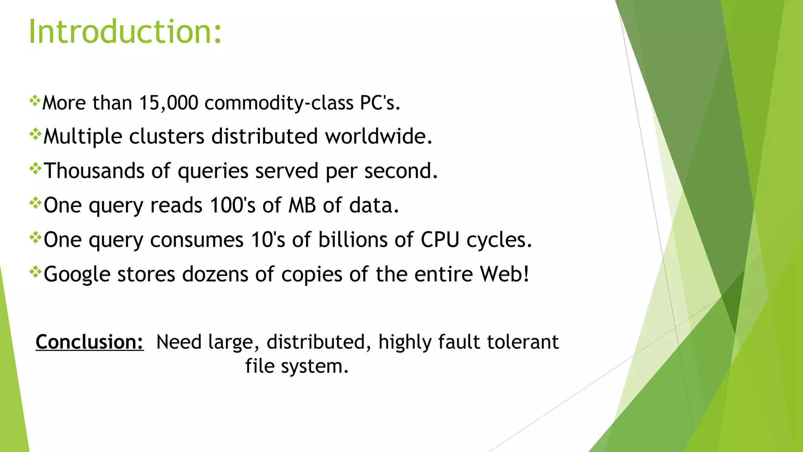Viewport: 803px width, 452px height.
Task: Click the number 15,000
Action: tap(169, 103)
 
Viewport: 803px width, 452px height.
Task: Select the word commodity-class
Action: tap(279, 103)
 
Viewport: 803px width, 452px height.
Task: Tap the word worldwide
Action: tap(378, 137)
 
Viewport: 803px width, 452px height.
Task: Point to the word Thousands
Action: tap(94, 171)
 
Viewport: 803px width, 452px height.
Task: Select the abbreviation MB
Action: tap(302, 205)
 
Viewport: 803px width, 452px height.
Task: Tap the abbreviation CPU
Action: tap(440, 240)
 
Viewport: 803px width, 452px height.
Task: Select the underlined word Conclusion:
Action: tap(90, 342)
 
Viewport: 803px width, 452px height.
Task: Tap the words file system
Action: tap(297, 366)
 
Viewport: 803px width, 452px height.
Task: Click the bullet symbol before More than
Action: tap(35, 101)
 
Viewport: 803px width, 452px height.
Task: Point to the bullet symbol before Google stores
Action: tap(35, 272)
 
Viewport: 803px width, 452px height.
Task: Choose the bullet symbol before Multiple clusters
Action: tap(35, 135)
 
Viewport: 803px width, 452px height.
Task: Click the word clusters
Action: tap(167, 137)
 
